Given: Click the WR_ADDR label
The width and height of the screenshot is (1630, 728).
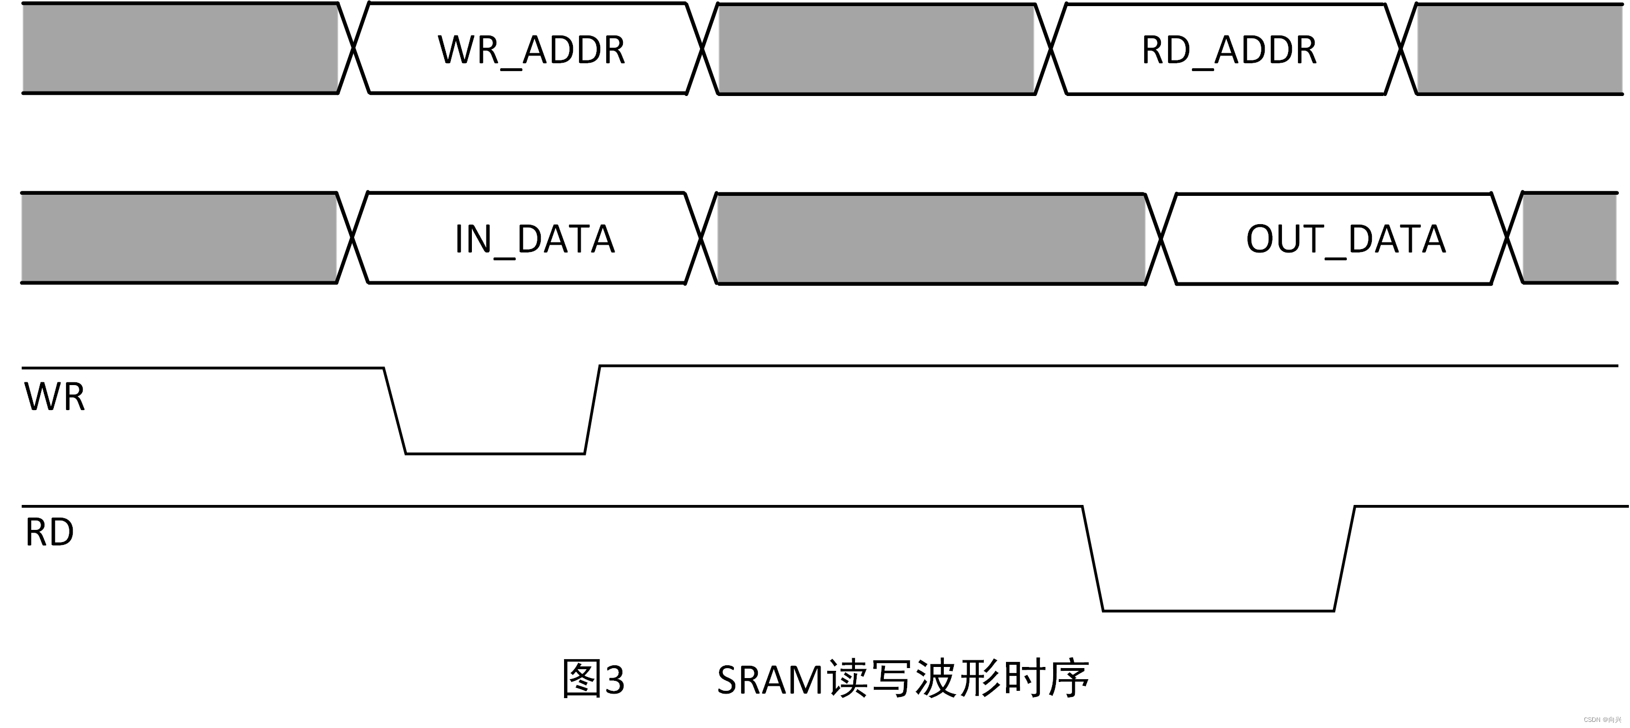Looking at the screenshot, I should pyautogui.click(x=531, y=50).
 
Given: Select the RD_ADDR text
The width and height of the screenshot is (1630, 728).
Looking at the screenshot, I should pyautogui.click(x=1229, y=50).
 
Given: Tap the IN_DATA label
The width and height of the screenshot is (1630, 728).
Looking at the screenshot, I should pyautogui.click(x=535, y=239).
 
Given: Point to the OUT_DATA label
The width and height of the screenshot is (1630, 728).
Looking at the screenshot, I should pyautogui.click(x=1346, y=239).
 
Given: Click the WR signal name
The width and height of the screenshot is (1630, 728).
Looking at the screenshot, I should pyautogui.click(x=54, y=397).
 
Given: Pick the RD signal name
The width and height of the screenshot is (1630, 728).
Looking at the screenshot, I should pyautogui.click(x=49, y=532).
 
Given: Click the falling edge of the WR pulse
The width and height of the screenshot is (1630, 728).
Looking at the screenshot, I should pyautogui.click(x=395, y=411).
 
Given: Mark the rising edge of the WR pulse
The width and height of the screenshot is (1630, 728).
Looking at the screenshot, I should pyautogui.click(x=592, y=410).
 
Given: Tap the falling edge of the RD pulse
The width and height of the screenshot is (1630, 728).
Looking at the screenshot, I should pyautogui.click(x=1093, y=559).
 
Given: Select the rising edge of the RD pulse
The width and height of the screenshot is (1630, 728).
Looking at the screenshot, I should pyautogui.click(x=1344, y=559).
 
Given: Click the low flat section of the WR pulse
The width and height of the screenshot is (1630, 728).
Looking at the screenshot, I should pyautogui.click(x=495, y=453).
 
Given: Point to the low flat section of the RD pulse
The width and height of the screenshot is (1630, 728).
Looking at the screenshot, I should pyautogui.click(x=1218, y=611).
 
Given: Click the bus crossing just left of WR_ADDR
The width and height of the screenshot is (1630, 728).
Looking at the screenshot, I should pyautogui.click(x=354, y=47).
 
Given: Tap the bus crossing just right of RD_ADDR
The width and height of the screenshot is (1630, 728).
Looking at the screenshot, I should pyautogui.click(x=1401, y=48).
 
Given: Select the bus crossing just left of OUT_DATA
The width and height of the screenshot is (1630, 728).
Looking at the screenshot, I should pyautogui.click(x=1161, y=239).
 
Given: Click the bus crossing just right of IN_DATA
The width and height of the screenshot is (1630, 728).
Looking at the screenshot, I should pyautogui.click(x=701, y=238).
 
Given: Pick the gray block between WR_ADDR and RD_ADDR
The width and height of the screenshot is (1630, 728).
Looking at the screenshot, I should pyautogui.click(x=877, y=49).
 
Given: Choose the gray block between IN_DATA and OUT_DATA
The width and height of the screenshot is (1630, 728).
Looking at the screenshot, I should pyautogui.click(x=930, y=239).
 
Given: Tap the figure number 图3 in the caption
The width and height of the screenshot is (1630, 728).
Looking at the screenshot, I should pyautogui.click(x=593, y=680).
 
